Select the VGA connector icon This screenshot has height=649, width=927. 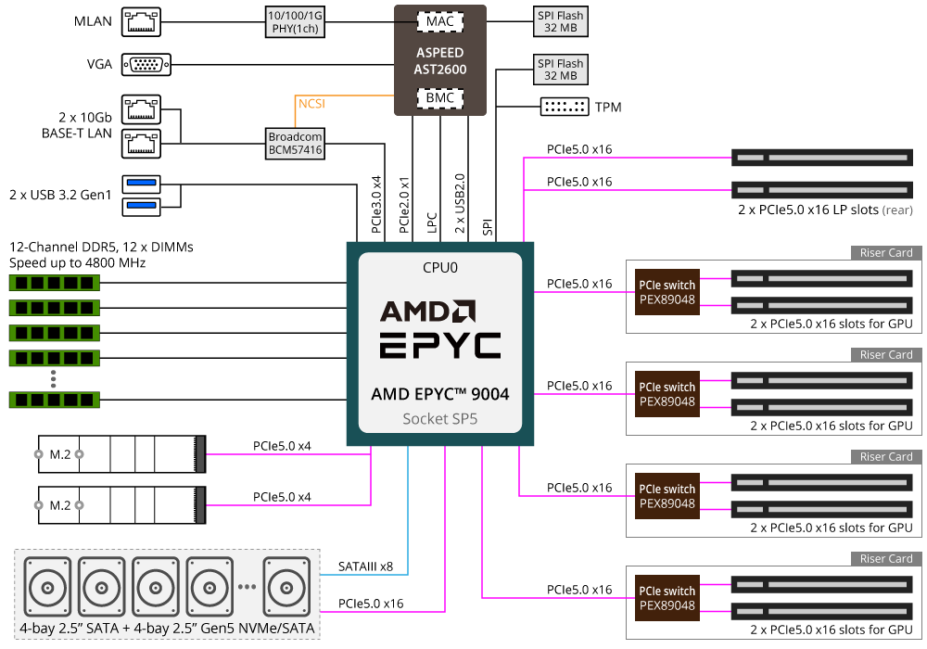(145, 64)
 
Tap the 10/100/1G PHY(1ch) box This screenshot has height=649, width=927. (296, 21)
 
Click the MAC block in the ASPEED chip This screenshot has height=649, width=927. (440, 20)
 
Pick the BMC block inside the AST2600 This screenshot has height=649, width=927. (440, 98)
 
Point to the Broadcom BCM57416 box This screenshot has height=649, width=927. (296, 143)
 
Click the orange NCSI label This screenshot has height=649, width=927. (311, 104)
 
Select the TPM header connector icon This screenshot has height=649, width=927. (565, 107)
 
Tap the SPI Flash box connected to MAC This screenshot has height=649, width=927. (561, 21)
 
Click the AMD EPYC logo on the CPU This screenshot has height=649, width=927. (440, 329)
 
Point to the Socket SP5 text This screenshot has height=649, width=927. (440, 418)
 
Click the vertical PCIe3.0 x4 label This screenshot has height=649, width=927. (376, 203)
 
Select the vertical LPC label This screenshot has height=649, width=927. (432, 222)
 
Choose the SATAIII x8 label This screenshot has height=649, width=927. (366, 566)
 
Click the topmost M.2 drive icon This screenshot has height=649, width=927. (121, 454)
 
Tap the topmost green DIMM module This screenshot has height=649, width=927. (55, 282)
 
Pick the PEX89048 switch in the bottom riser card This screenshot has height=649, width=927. (666, 598)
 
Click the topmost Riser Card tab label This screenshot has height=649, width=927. (886, 252)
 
